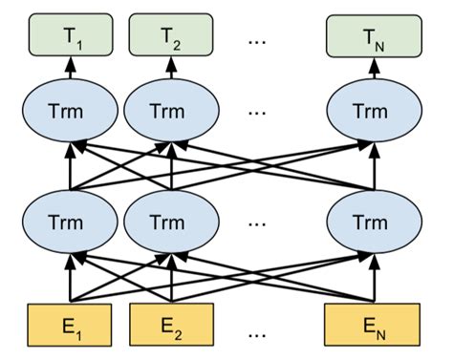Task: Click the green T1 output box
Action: [x=70, y=36]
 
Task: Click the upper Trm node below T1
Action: [x=70, y=112]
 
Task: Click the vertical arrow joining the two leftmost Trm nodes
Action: [x=70, y=172]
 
